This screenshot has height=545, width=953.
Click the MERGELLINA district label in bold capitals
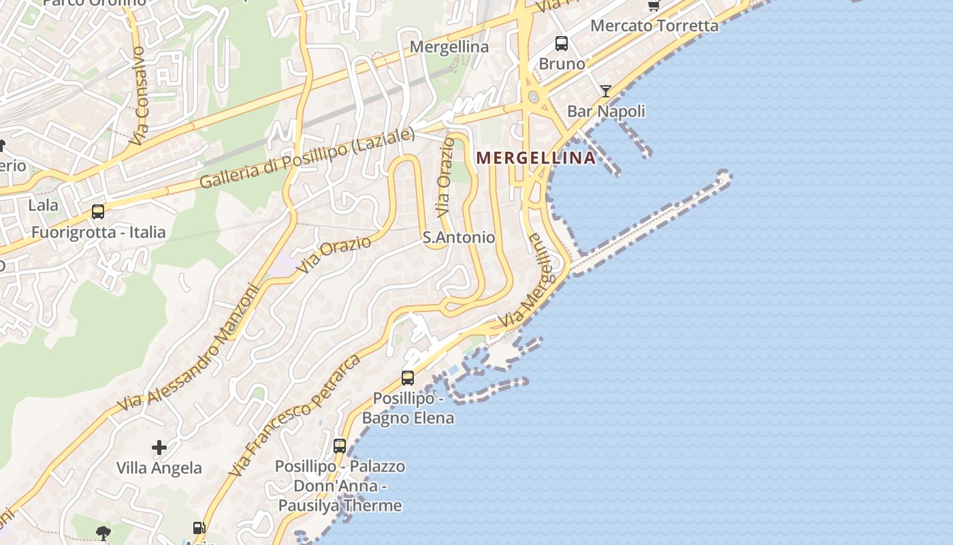click(536, 158)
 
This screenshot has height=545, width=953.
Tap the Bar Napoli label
click(606, 111)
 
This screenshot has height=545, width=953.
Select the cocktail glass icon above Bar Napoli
click(605, 91)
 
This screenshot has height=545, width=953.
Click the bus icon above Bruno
click(562, 44)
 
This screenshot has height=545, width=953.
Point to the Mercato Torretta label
click(654, 26)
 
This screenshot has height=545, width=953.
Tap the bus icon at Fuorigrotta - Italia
click(98, 212)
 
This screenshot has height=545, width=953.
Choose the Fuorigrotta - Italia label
click(99, 232)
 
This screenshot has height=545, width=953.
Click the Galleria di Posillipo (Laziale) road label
click(307, 159)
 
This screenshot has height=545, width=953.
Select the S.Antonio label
click(459, 238)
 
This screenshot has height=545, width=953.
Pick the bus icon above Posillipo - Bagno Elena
click(408, 377)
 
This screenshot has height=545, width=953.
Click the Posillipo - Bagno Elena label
click(408, 407)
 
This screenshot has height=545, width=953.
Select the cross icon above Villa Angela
click(159, 448)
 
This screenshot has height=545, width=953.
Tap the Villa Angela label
click(159, 468)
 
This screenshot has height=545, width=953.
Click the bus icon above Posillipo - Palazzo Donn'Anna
click(340, 446)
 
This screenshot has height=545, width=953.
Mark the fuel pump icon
click(199, 527)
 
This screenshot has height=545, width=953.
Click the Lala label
click(43, 205)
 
